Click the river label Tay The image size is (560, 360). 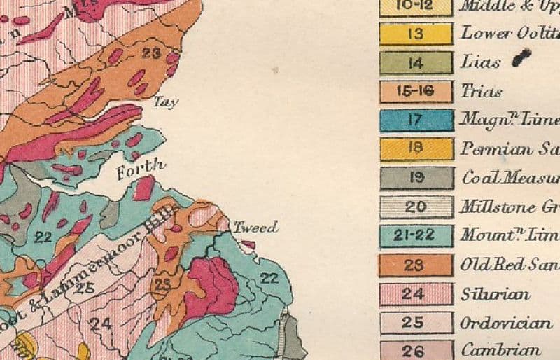[166, 102]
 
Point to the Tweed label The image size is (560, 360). [255, 227]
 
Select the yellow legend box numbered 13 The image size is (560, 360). [416, 34]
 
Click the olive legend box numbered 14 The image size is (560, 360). [416, 63]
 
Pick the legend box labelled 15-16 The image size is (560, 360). [416, 92]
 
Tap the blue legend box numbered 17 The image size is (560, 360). [416, 120]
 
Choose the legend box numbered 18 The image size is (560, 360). [416, 148]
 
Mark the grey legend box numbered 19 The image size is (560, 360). [416, 178]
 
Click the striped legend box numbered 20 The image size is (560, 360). [416, 207]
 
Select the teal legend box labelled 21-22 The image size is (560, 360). [416, 236]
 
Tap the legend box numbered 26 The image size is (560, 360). [416, 350]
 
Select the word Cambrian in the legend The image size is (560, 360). [501, 350]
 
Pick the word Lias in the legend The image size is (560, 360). [481, 62]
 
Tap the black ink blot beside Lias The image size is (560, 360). [521, 57]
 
